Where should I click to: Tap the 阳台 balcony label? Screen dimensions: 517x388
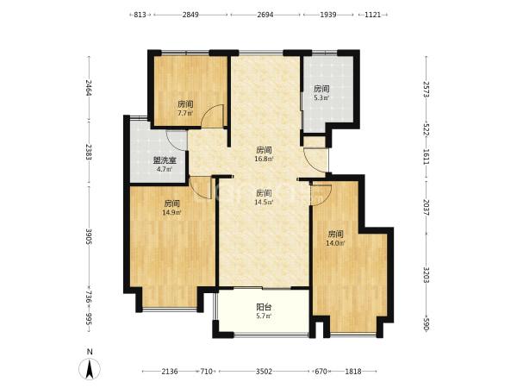pyautogui.click(x=264, y=307)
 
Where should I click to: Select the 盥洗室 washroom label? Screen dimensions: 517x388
pyautogui.click(x=165, y=160)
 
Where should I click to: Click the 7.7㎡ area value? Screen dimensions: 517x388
pyautogui.click(x=185, y=113)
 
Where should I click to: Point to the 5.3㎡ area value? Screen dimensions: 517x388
pyautogui.click(x=321, y=97)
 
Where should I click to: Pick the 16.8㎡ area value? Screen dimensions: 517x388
pyautogui.click(x=264, y=159)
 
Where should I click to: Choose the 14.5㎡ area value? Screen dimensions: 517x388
pyautogui.click(x=264, y=202)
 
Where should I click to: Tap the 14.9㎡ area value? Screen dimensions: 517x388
pyautogui.click(x=171, y=212)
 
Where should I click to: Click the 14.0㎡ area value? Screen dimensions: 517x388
pyautogui.click(x=336, y=243)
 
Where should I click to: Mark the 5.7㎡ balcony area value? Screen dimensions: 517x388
pyautogui.click(x=264, y=316)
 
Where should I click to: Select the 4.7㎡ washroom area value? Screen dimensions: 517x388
pyautogui.click(x=165, y=170)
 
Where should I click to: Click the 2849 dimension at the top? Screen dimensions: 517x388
pyautogui.click(x=190, y=15)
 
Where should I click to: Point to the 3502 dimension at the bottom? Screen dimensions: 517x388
pyautogui.click(x=265, y=372)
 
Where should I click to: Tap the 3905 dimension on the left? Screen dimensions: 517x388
pyautogui.click(x=89, y=236)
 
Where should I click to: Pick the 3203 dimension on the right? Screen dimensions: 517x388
pyautogui.click(x=426, y=275)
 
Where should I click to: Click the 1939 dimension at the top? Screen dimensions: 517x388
pyautogui.click(x=328, y=15)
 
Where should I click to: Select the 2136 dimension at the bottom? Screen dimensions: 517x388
pyautogui.click(x=170, y=372)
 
